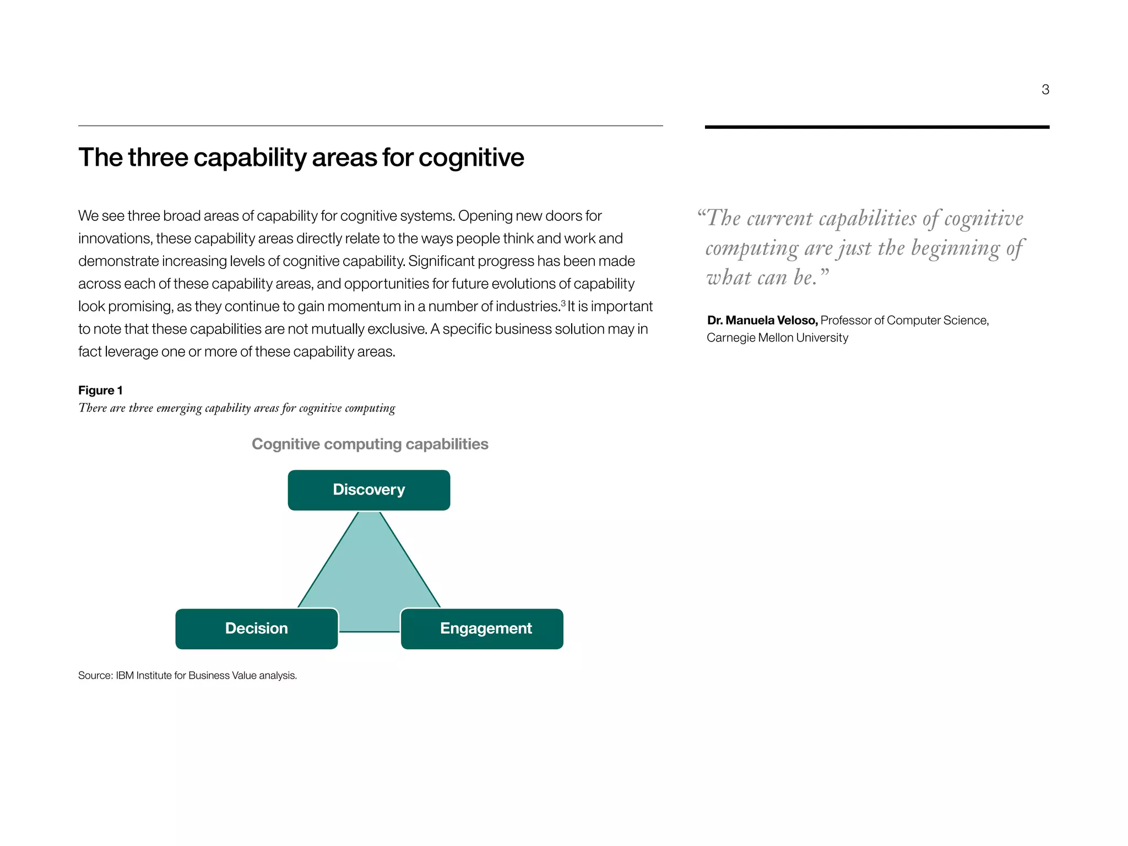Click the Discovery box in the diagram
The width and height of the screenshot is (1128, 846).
point(368,490)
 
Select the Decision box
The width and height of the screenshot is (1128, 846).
point(256,628)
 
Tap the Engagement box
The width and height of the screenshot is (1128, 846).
point(482,628)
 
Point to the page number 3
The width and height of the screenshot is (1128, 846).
point(1045,90)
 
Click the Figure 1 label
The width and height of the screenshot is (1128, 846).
point(100,391)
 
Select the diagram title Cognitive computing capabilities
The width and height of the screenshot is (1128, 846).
point(370,444)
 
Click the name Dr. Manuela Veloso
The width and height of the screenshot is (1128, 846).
point(762,321)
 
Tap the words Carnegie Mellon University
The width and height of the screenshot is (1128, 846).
point(777,338)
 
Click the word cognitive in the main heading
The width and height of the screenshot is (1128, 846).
point(471,158)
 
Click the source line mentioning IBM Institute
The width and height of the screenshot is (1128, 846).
point(187,675)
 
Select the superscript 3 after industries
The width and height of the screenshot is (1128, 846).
point(563,302)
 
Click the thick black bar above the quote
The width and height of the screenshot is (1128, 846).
point(877,127)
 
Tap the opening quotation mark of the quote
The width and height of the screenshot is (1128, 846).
point(701,214)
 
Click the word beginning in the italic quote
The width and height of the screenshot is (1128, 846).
point(955,249)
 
